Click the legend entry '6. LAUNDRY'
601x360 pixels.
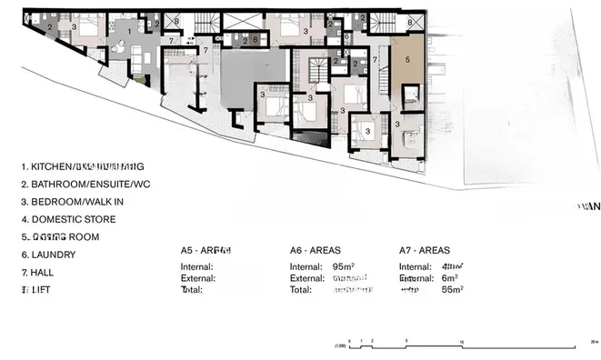point(53,255)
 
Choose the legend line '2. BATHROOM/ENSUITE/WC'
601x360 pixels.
point(90,185)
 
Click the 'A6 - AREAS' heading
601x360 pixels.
point(316,249)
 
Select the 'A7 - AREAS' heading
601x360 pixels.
point(425,249)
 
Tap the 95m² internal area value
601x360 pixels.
point(344,266)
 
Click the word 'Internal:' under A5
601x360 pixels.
point(197,266)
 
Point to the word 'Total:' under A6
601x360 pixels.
point(302,289)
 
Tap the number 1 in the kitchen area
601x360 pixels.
point(129,31)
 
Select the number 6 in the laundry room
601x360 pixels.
point(255,41)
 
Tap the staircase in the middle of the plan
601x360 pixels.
point(319,70)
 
